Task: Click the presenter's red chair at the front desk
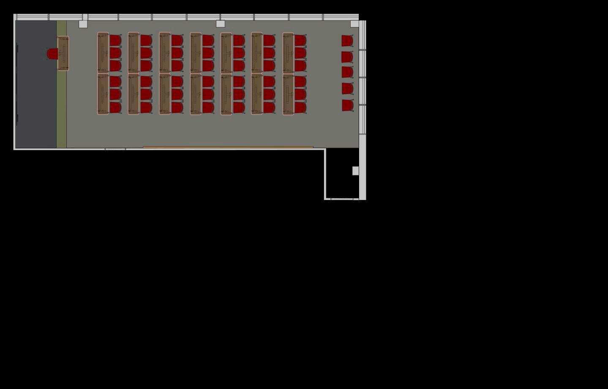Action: (52, 54)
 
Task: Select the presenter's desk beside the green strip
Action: (63, 53)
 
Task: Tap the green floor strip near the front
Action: (62, 106)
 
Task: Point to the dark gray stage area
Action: (36, 85)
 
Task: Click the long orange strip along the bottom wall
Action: (228, 147)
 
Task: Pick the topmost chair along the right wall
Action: (347, 41)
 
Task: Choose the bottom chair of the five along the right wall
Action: (347, 105)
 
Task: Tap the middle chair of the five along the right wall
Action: (347, 72)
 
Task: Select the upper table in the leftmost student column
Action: (103, 52)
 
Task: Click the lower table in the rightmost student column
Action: (288, 94)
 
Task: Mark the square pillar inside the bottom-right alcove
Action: (355, 171)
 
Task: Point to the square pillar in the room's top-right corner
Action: (354, 24)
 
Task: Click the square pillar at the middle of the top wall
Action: (220, 24)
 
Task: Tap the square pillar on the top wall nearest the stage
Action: (83, 24)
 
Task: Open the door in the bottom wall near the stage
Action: (115, 149)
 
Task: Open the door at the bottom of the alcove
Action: (341, 199)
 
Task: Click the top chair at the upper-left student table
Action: (115, 41)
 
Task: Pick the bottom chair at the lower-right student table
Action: (300, 107)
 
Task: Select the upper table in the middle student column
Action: (196, 52)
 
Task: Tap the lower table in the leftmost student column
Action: (103, 94)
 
